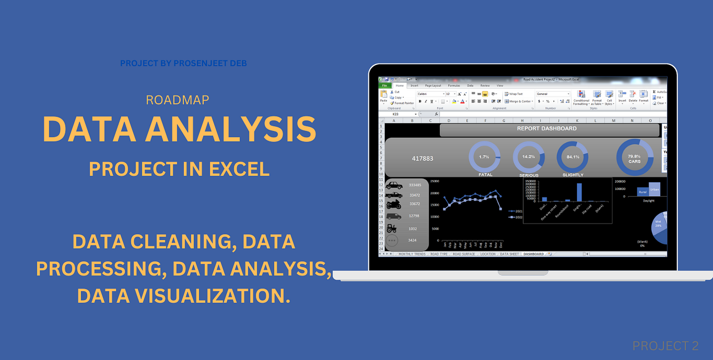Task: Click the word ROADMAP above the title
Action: coord(177,100)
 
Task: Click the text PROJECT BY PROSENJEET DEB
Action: coord(183,63)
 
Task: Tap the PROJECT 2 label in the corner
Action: coord(665,346)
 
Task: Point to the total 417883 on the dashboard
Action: coord(423,158)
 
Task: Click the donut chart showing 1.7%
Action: coord(484,156)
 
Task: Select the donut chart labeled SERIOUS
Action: coord(528,156)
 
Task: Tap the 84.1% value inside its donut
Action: coord(572,156)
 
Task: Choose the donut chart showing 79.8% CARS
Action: coord(634,156)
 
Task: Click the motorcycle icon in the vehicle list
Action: coord(394,204)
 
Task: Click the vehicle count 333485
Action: coord(415,185)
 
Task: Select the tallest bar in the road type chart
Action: coord(579,192)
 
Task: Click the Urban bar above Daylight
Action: coord(654,189)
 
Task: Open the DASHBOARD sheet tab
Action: coord(533,254)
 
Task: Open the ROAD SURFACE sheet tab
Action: coord(464,254)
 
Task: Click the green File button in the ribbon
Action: coord(384,85)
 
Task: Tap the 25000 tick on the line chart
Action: coord(435,181)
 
